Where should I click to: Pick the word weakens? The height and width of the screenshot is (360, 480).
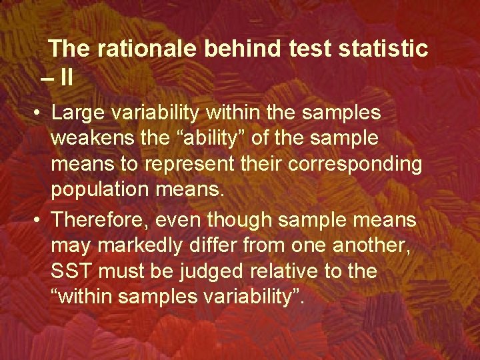[91, 139]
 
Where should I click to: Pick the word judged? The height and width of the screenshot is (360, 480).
[211, 271]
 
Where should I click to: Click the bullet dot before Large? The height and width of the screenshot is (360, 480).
[39, 113]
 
